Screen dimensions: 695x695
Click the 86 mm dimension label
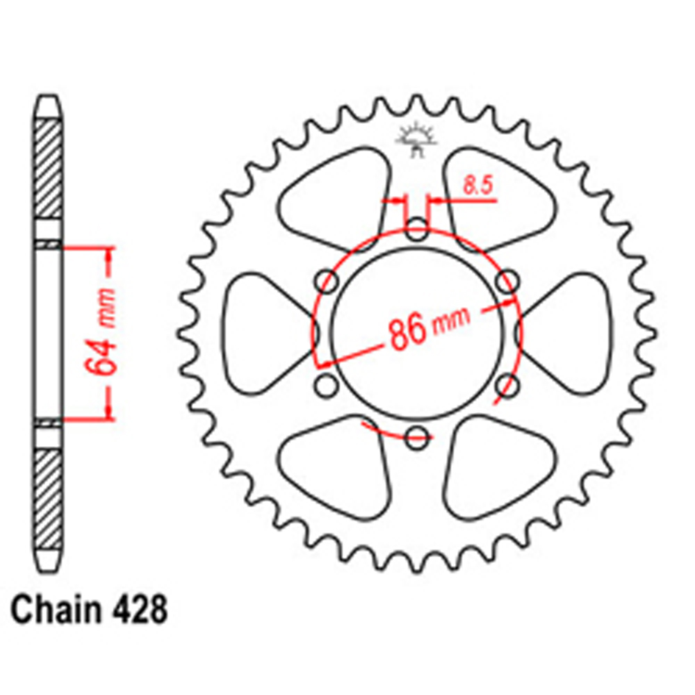(x=429, y=327)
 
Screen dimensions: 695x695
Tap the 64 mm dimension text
(x=100, y=332)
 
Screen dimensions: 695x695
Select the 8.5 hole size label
(x=478, y=185)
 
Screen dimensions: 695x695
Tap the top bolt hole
(x=417, y=229)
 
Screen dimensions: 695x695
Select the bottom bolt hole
(x=417, y=437)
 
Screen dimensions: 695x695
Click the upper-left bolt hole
(x=327, y=281)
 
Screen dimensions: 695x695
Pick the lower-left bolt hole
(x=327, y=386)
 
